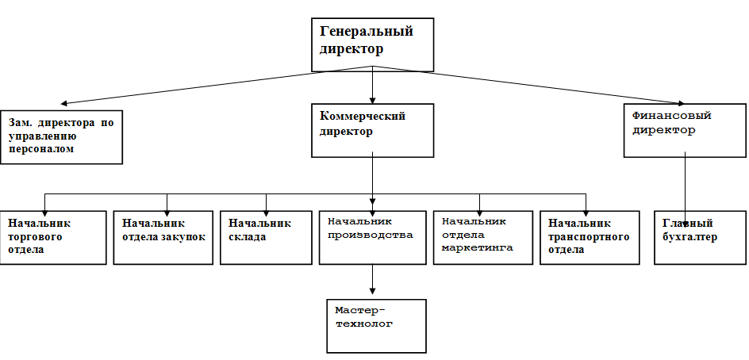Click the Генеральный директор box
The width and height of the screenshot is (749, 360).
[x=371, y=44]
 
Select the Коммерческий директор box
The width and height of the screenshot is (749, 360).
[x=371, y=130]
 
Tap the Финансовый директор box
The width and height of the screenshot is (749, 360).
[x=684, y=130]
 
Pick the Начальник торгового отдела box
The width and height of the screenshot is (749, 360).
[x=53, y=237]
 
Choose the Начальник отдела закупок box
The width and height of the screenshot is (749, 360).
[x=163, y=237]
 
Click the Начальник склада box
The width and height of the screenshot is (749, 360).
[x=266, y=237]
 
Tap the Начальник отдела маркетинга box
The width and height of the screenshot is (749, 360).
[x=482, y=237]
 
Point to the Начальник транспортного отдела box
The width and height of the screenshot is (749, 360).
[x=588, y=237]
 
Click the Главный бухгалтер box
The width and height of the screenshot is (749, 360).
[x=699, y=237]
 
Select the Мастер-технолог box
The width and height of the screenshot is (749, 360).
[x=376, y=325]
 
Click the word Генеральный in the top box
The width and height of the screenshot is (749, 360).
[x=367, y=33]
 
